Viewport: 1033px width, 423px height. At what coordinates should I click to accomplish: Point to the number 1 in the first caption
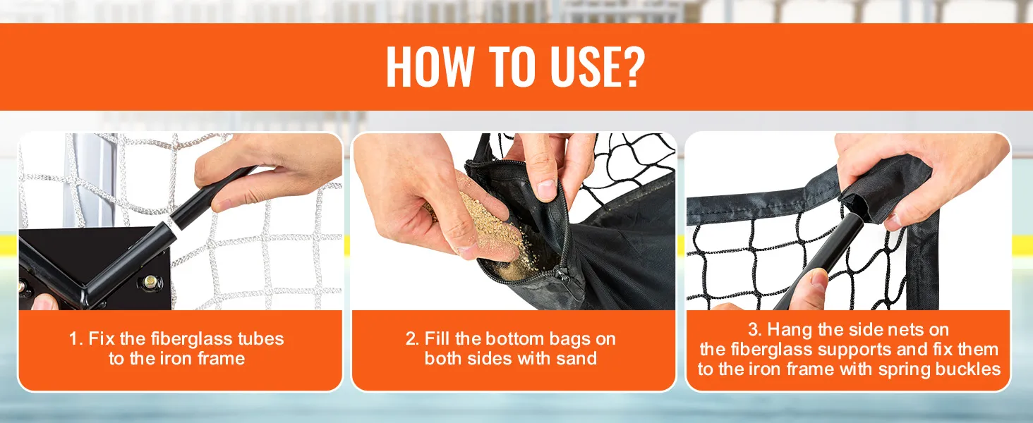pos(74,339)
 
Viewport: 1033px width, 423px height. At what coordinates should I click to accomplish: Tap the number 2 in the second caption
pos(411,339)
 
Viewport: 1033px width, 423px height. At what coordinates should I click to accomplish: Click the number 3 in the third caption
pos(754,329)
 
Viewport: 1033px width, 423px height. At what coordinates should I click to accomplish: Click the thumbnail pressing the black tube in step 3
pos(819,280)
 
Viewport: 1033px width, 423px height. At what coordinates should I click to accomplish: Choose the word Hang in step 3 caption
pos(790,331)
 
